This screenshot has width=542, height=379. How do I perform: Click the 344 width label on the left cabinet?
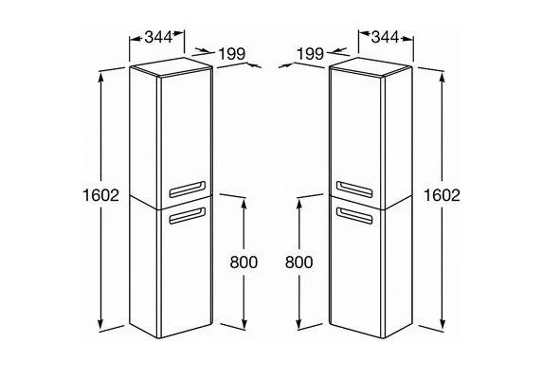pyautogui.click(x=158, y=37)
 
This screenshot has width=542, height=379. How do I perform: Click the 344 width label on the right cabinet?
pyautogui.click(x=385, y=37)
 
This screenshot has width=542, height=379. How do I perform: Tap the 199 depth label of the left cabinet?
pyautogui.click(x=232, y=54)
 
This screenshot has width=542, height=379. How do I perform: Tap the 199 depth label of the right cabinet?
pyautogui.click(x=311, y=54)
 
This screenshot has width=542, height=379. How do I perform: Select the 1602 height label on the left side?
pyautogui.click(x=100, y=195)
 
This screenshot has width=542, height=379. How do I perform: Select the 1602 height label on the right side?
pyautogui.click(x=442, y=195)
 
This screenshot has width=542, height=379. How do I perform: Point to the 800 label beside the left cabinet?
pyautogui.click(x=244, y=262)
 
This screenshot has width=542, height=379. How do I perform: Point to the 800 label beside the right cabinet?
pyautogui.click(x=299, y=262)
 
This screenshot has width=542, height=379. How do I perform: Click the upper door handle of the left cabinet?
pyautogui.click(x=187, y=189)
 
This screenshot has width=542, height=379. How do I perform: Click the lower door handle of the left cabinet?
pyautogui.click(x=187, y=216)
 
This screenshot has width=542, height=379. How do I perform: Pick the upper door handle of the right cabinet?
pyautogui.click(x=354, y=189)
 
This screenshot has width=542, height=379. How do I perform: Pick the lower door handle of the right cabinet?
pyautogui.click(x=354, y=215)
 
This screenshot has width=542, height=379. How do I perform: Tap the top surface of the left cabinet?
pyautogui.click(x=172, y=66)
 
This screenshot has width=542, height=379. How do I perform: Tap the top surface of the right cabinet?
pyautogui.click(x=370, y=66)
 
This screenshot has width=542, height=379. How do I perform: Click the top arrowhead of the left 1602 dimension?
pyautogui.click(x=100, y=78)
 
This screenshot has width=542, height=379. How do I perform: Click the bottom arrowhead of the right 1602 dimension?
pyautogui.click(x=443, y=324)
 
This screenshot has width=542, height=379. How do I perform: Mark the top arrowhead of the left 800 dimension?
pyautogui.click(x=244, y=205)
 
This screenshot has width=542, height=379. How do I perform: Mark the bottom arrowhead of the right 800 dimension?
pyautogui.click(x=299, y=324)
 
